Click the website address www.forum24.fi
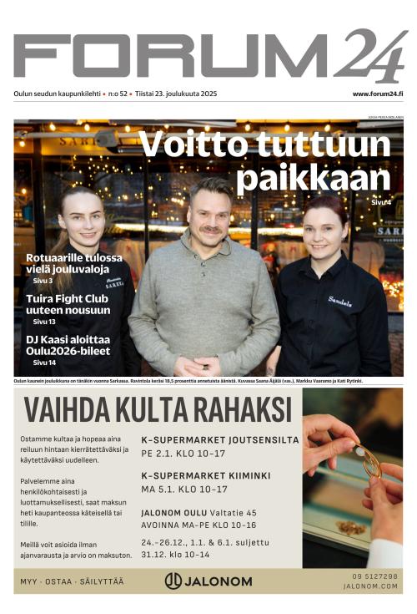point(378,94)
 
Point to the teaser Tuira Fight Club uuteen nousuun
point(68,304)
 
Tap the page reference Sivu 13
point(44,322)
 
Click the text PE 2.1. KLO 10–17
point(183,454)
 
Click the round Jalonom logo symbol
point(173,581)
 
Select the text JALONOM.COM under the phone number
point(370,586)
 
